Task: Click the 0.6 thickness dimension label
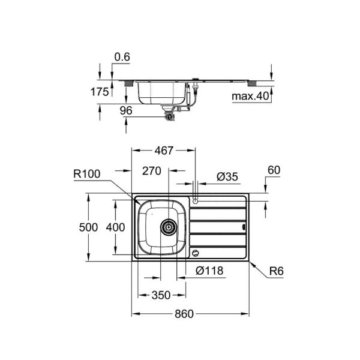tap(121, 56)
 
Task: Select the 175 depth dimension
tap(100, 92)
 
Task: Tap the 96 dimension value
tap(109, 110)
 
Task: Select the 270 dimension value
tap(152, 171)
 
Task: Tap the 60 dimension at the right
tap(274, 170)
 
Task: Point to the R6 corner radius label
tap(275, 271)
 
